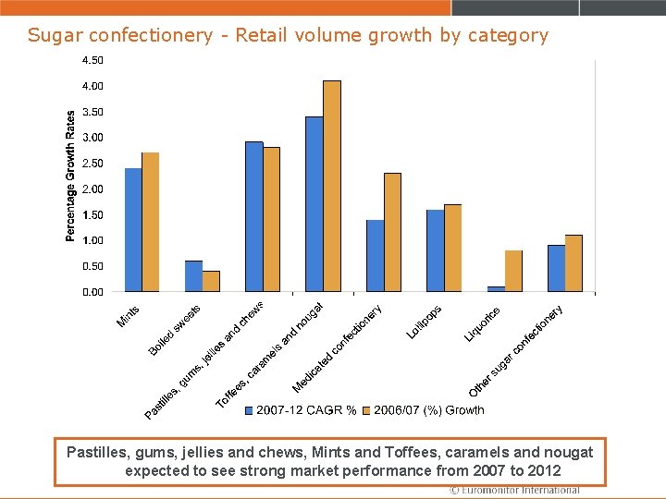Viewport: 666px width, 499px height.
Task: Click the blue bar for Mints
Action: [x=133, y=230]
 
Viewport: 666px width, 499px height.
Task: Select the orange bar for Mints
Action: [x=151, y=222]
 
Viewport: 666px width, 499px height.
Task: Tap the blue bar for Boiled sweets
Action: [x=193, y=276]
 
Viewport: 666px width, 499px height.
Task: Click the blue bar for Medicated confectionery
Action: [x=375, y=256]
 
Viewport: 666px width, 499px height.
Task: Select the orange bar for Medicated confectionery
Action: [x=392, y=233]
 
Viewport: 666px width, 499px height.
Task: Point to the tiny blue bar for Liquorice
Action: [x=496, y=289]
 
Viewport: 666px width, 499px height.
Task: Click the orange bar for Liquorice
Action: [x=513, y=272]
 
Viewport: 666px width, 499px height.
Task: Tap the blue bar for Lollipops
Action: [x=435, y=251]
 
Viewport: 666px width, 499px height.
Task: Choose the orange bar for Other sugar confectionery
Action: [x=573, y=263]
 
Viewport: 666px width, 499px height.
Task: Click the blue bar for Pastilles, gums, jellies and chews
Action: [x=253, y=217]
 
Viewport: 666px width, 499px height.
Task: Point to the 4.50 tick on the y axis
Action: [x=92, y=60]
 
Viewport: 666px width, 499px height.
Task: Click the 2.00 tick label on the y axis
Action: [x=92, y=189]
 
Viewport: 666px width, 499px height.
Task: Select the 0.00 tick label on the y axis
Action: [x=92, y=292]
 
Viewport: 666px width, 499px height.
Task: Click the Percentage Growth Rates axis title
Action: [x=71, y=176]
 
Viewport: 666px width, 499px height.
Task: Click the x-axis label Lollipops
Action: [x=425, y=322]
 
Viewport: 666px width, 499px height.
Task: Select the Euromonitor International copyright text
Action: [x=514, y=491]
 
